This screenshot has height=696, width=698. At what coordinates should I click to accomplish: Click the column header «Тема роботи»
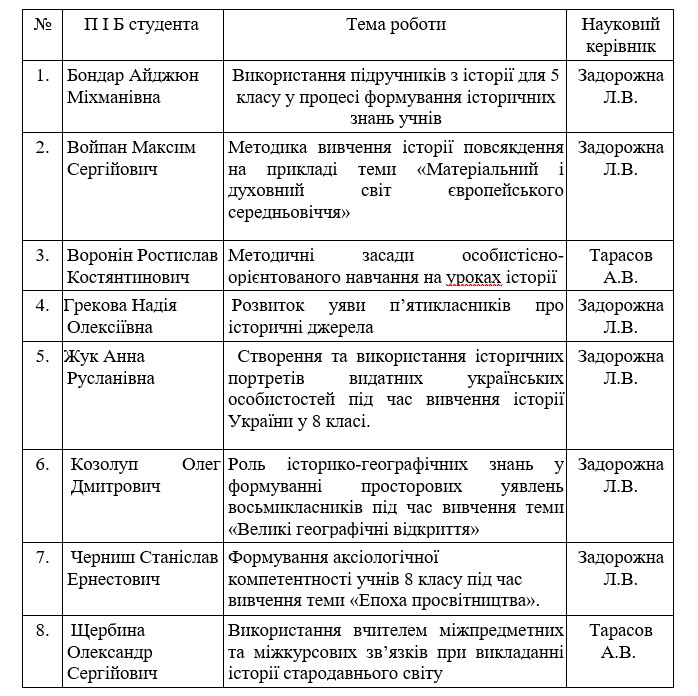click(396, 24)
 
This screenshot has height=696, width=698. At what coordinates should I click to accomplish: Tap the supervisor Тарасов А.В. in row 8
click(621, 641)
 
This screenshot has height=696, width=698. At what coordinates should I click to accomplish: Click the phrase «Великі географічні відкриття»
click(357, 528)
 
